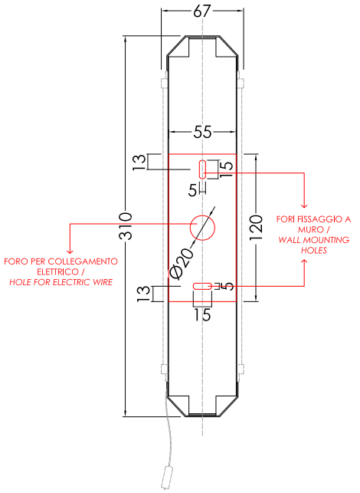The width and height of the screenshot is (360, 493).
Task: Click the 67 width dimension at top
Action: (x=201, y=11)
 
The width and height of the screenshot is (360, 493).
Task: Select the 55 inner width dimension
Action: (x=203, y=132)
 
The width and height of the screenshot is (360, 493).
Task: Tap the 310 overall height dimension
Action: (x=126, y=226)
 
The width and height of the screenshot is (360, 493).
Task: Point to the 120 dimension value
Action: (x=256, y=228)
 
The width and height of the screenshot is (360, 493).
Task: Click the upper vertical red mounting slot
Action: (x=203, y=169)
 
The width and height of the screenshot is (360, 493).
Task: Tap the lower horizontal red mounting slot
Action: (x=203, y=286)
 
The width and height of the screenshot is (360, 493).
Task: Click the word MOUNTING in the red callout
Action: (x=326, y=240)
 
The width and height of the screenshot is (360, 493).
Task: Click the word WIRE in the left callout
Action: (x=103, y=282)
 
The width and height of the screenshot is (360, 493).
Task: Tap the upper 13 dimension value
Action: (x=139, y=163)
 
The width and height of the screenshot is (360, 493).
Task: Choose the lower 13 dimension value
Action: (x=144, y=294)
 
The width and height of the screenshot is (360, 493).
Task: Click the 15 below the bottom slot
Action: (x=202, y=314)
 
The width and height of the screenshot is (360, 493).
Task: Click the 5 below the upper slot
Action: (x=193, y=191)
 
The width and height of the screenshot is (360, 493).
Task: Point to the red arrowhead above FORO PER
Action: (x=70, y=251)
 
